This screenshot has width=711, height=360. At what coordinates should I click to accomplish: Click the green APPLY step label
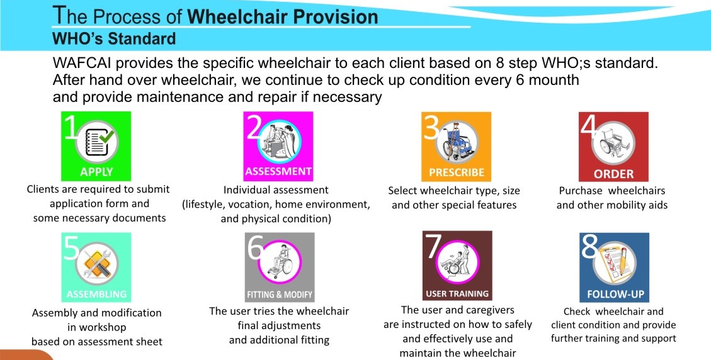(96, 172)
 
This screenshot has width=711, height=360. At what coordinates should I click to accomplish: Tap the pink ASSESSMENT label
(278, 171)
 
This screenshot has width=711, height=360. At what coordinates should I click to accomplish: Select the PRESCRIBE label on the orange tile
(457, 172)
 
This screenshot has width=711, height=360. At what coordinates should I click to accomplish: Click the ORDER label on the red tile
(613, 174)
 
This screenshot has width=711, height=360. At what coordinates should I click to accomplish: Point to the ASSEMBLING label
(96, 295)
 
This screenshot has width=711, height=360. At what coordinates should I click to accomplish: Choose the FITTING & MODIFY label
(280, 295)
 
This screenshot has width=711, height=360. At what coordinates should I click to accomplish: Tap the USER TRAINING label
(457, 294)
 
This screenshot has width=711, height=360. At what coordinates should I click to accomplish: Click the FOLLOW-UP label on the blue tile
(615, 295)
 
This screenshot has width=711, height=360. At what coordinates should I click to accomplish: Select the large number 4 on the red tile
(589, 127)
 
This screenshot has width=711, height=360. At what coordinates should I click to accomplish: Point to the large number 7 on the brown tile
(433, 246)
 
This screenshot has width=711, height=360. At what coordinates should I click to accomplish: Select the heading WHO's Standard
(114, 38)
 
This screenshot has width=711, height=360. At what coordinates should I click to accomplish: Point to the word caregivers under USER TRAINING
(488, 310)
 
